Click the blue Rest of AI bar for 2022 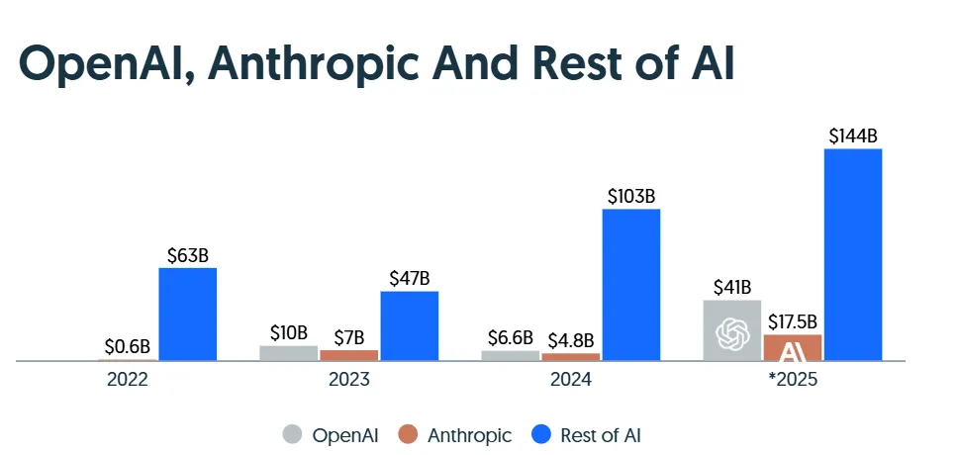(x=187, y=315)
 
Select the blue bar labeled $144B (x=852, y=255)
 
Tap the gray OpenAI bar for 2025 (x=732, y=330)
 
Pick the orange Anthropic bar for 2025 (x=793, y=347)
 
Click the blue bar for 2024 (x=630, y=285)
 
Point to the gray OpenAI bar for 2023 (x=289, y=353)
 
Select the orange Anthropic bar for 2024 (x=571, y=357)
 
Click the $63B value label (x=187, y=255)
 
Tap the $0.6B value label (x=128, y=347)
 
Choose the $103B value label (x=630, y=196)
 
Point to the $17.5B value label (x=793, y=321)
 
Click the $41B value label (x=732, y=287)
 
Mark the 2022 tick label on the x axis (x=128, y=380)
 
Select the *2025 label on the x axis (x=793, y=380)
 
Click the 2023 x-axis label (x=349, y=380)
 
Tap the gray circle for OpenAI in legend (x=292, y=434)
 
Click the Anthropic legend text (x=469, y=434)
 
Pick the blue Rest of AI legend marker (x=540, y=434)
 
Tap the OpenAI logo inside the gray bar (x=732, y=334)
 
